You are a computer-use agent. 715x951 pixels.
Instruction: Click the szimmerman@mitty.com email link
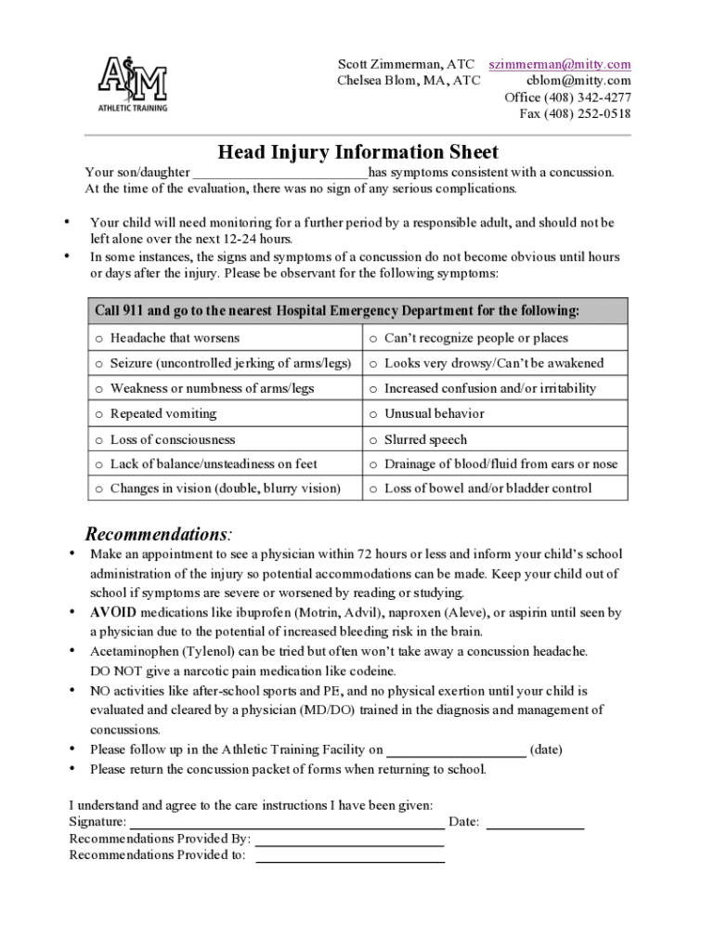coord(560,64)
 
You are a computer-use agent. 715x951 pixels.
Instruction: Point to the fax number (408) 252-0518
coord(575,114)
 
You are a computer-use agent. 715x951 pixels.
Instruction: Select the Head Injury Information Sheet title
coord(357,152)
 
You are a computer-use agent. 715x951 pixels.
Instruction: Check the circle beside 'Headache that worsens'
coord(98,339)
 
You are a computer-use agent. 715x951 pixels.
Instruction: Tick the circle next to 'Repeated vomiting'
coord(98,414)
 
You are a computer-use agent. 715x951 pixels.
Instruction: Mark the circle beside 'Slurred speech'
coord(373,440)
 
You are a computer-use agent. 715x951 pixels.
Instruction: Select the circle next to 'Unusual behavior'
coord(373,414)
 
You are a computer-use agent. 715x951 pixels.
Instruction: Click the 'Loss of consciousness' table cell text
coord(173,439)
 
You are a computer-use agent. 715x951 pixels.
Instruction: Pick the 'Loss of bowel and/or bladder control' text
coord(487,489)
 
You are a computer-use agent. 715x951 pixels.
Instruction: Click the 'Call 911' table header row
coord(357,310)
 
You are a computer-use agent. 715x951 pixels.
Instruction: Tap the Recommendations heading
coord(159,535)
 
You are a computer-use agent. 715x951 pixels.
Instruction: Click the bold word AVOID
coord(113,613)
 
